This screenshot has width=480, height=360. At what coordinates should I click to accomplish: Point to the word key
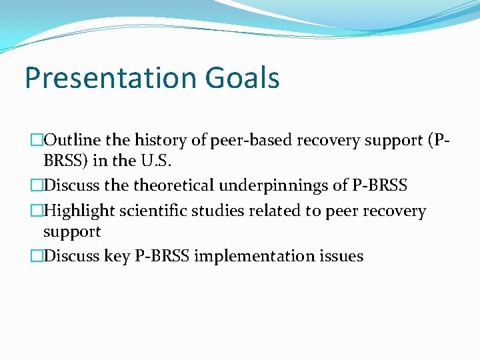[x=118, y=256]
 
